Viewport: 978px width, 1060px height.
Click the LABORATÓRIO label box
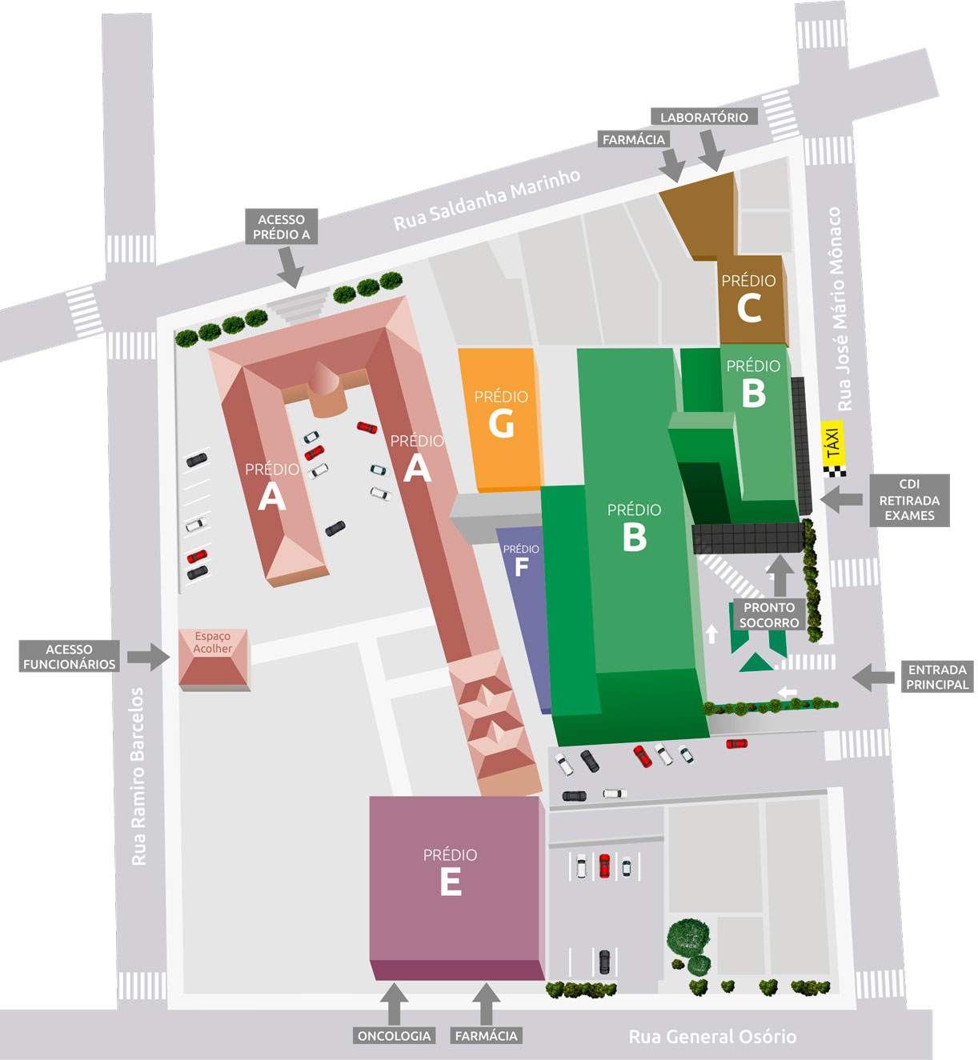703,118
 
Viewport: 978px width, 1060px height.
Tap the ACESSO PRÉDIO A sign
281,226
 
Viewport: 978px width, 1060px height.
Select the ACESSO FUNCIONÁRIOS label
69,657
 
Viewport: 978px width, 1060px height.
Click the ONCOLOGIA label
394,1036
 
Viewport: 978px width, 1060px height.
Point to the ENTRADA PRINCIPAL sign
937,677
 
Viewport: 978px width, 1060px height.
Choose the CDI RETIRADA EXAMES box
909,500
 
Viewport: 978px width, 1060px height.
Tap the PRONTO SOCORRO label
768,615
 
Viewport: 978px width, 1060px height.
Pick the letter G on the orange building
501,423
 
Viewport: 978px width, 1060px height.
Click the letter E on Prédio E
451,882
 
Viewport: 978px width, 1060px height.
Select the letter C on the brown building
748,308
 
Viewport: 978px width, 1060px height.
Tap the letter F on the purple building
521,567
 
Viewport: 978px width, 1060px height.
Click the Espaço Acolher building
214,659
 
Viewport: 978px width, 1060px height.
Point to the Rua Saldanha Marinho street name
487,199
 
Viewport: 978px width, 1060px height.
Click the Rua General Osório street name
712,1037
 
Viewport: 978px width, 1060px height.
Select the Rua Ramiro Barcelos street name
138,776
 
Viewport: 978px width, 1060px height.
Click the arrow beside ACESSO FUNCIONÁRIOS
148,656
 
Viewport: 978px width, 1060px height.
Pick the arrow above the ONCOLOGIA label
393,1004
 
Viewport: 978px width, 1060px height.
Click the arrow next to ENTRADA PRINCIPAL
873,678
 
